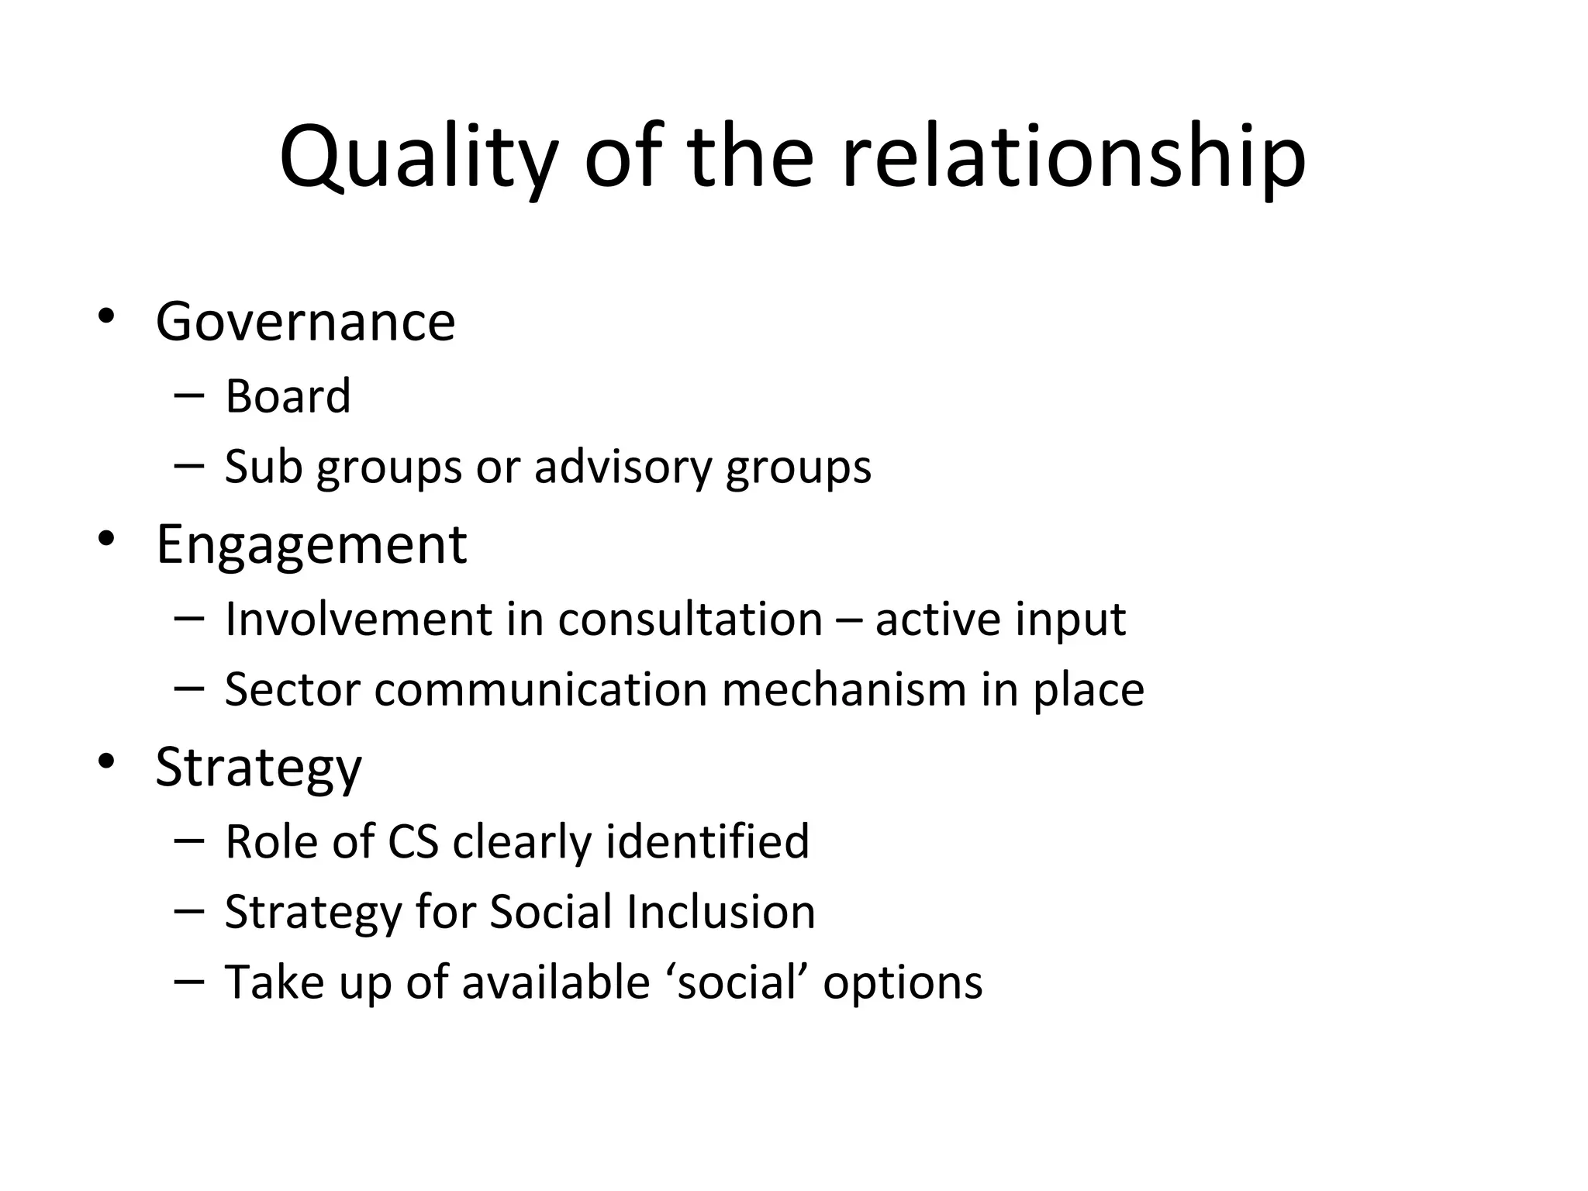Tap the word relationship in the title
pos(1073,159)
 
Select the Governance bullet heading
pos(306,322)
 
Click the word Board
pos(288,396)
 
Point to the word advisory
pos(623,467)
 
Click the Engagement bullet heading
pos(311,544)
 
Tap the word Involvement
pos(358,619)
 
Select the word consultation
pos(690,619)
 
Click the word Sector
pos(292,689)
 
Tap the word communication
pos(540,689)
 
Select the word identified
pos(707,841)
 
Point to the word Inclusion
pos(720,911)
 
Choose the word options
pos(903,983)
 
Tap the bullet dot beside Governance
pos(106,317)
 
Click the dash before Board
pos(189,395)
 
